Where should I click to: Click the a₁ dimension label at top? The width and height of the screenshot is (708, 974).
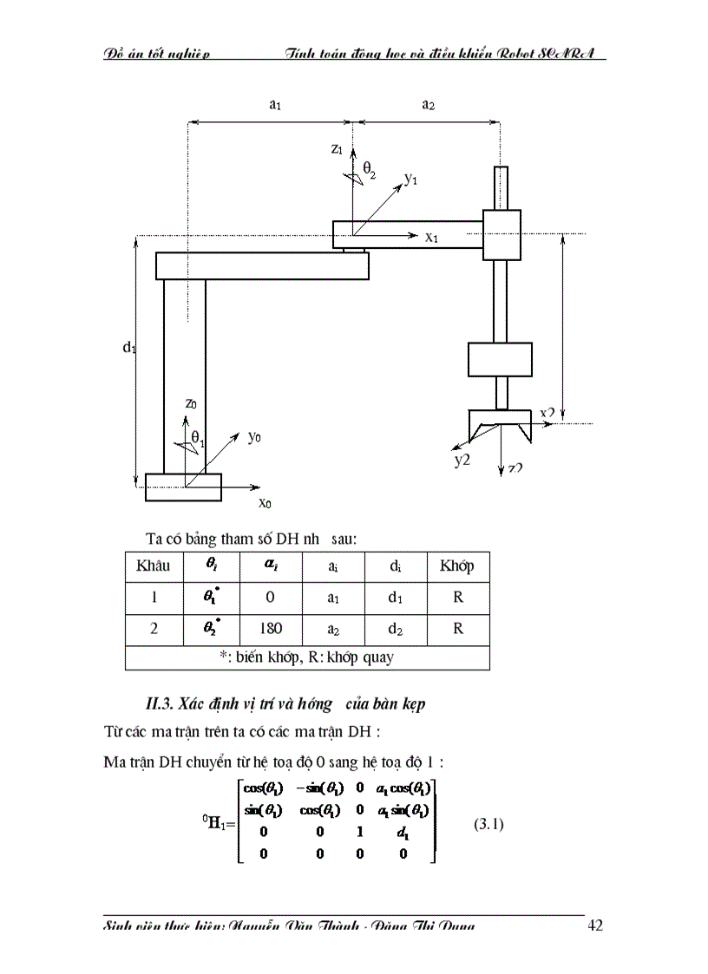point(275,105)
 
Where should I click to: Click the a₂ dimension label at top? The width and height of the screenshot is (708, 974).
point(428,105)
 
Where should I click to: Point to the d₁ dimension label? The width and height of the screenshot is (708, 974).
point(129,347)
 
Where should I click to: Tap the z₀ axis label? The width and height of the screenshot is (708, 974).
point(192,402)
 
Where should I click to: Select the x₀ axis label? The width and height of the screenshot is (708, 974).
point(265,502)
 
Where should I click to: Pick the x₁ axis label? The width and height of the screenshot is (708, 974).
point(432,236)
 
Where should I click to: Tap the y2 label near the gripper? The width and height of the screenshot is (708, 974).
point(462,460)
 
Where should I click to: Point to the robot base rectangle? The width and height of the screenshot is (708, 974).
point(183,487)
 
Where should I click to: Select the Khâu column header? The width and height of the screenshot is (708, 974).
point(154,566)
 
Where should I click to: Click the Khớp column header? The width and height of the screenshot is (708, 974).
point(457,566)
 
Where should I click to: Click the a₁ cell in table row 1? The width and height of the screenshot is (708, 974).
point(333,598)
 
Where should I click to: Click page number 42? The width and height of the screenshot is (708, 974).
point(595,925)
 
